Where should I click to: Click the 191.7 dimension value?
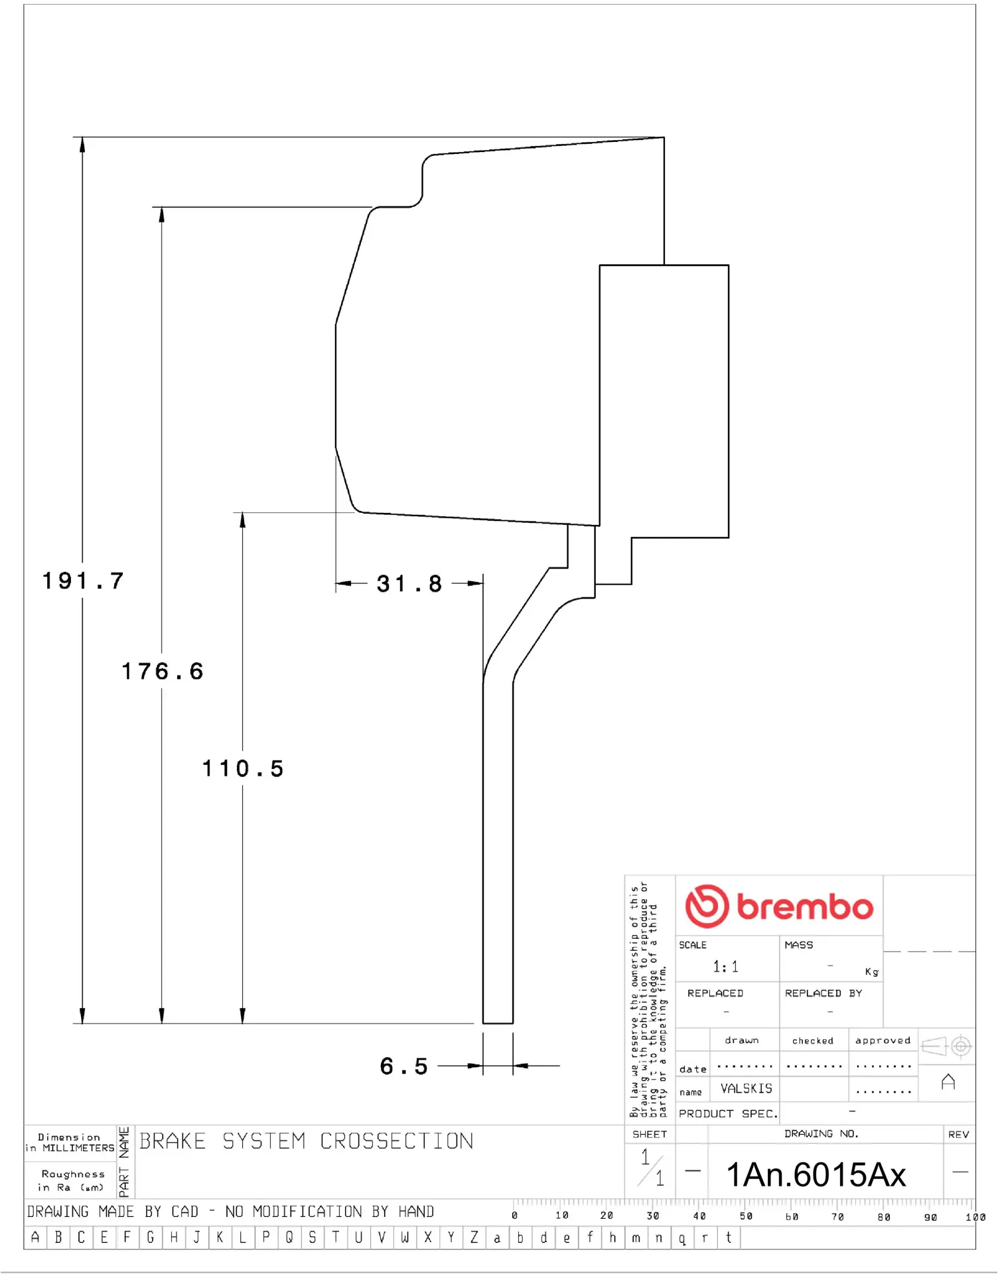click(83, 581)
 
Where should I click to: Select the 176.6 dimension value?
click(162, 671)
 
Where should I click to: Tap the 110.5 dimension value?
click(243, 768)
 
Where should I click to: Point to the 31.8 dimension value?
click(409, 584)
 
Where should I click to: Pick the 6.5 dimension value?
click(403, 1066)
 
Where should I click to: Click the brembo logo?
click(779, 906)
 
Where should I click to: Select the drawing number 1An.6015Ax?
click(816, 1174)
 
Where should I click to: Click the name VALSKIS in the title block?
click(747, 1089)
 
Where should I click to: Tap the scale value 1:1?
click(725, 967)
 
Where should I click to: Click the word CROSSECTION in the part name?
click(397, 1141)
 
